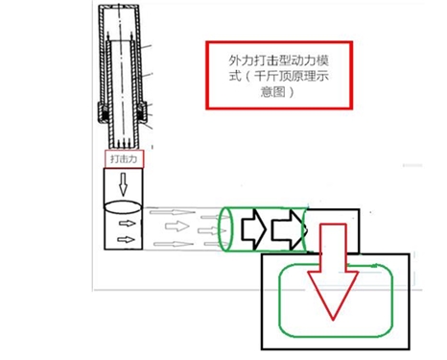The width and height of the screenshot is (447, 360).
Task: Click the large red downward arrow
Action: click(x=333, y=272)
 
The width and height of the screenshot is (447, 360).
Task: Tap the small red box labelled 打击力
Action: click(x=124, y=158)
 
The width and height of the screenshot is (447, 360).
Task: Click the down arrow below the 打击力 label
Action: click(x=123, y=184)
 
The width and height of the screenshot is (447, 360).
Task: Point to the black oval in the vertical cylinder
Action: click(x=123, y=206)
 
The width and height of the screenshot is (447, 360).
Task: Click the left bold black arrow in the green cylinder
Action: click(x=253, y=229)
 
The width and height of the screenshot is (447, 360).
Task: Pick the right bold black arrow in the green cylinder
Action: click(x=288, y=229)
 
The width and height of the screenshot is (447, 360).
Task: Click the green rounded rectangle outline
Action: click(x=279, y=300)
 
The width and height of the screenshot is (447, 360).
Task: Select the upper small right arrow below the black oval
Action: click(x=128, y=223)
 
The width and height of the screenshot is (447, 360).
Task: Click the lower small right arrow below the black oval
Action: click(x=126, y=239)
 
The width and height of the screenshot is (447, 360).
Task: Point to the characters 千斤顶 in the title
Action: click(x=271, y=77)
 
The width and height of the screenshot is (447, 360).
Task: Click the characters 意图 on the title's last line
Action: click(x=272, y=92)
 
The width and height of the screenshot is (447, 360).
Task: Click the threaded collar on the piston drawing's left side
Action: click(x=104, y=111)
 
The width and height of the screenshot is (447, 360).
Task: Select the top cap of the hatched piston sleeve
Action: click(x=119, y=7)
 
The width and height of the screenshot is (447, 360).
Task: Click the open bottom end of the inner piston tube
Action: click(x=123, y=145)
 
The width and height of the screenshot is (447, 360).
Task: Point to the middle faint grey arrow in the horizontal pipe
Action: click(x=176, y=227)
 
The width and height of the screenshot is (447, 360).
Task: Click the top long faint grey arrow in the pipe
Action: click(x=173, y=212)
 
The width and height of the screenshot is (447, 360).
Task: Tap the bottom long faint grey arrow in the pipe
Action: click(x=174, y=244)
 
